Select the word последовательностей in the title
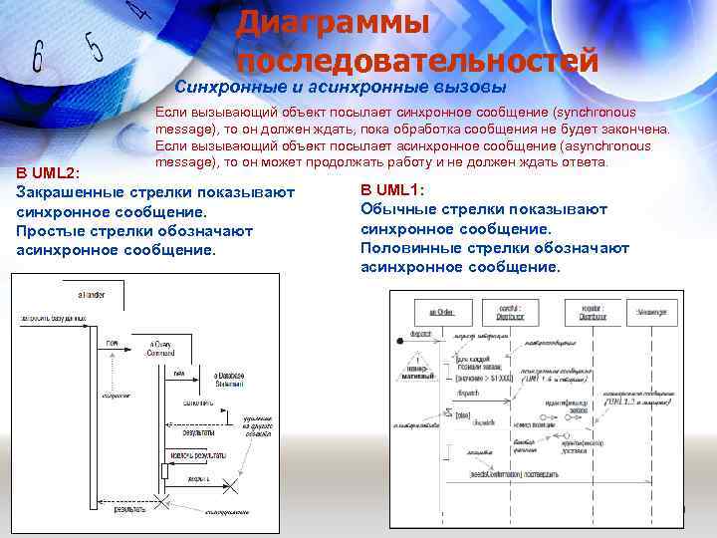click(417, 61)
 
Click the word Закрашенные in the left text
click(70, 191)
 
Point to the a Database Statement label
click(229, 380)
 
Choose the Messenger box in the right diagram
click(651, 312)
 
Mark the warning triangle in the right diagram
click(419, 362)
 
